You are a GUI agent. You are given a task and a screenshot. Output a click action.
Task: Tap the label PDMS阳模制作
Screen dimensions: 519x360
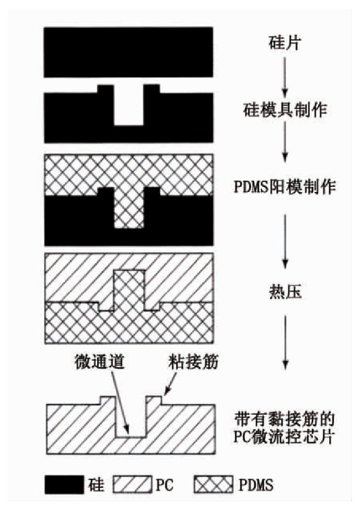point(285,189)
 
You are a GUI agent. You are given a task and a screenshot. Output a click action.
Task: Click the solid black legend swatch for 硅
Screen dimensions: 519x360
point(64,485)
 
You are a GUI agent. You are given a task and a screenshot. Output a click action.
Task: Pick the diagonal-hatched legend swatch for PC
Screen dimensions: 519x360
point(137,485)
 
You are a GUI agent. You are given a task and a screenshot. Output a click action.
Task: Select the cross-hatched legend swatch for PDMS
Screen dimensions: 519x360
point(216,485)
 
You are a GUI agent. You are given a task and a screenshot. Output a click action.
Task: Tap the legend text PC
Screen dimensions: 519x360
point(166,485)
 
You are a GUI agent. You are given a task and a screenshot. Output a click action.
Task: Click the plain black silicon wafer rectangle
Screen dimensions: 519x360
point(128,52)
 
